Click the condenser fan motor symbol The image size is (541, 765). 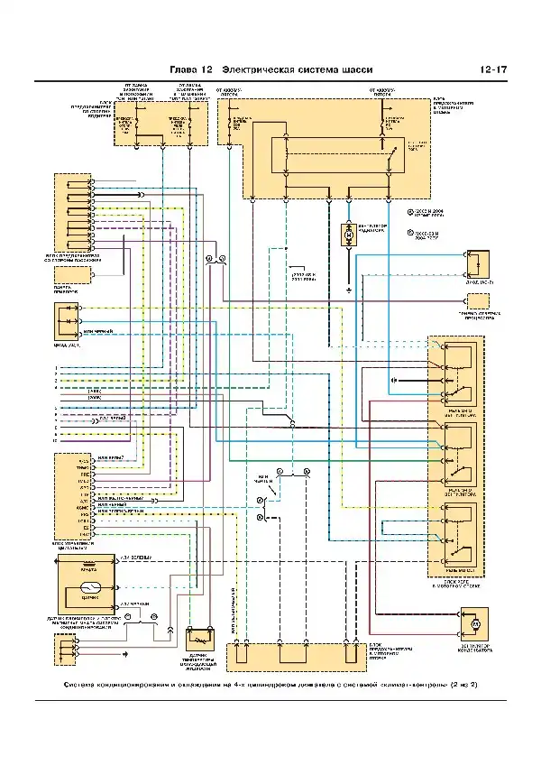(x=477, y=623)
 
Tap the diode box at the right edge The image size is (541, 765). (x=475, y=263)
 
